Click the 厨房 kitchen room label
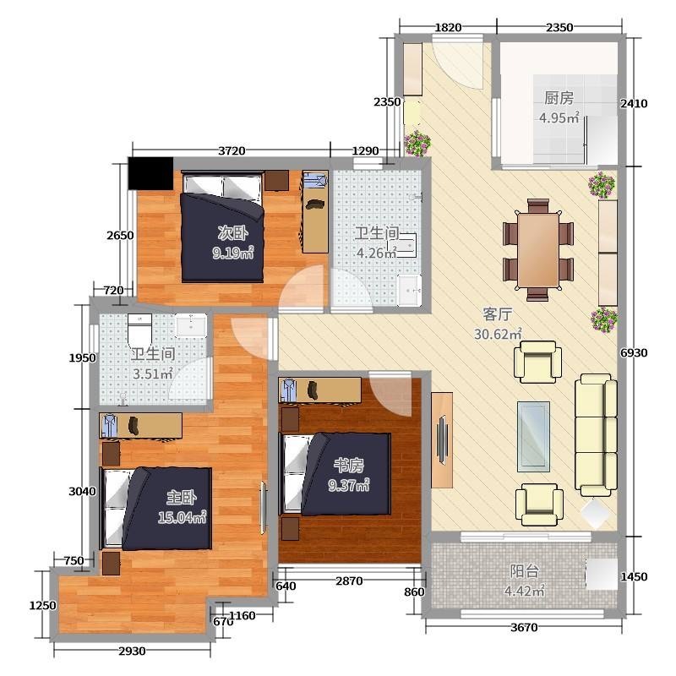pos(559,98)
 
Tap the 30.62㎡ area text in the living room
pos(498,334)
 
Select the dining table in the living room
pos(538,250)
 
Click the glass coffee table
pos(534,436)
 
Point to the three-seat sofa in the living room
pos(596,434)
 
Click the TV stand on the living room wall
pos(442,439)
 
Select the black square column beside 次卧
pos(151,173)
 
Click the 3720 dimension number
pos(232,151)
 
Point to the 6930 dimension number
pos(634,353)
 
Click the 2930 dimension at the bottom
pos(132,651)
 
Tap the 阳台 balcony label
pos(525,571)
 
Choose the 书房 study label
pos(349,466)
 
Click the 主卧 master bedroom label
pos(182,498)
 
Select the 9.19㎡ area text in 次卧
pos(233,252)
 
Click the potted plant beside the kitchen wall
pos(602,185)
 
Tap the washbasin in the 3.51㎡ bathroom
pos(191,325)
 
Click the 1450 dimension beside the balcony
pos(634,576)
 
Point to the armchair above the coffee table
pos(537,362)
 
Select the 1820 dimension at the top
pos(448,28)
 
